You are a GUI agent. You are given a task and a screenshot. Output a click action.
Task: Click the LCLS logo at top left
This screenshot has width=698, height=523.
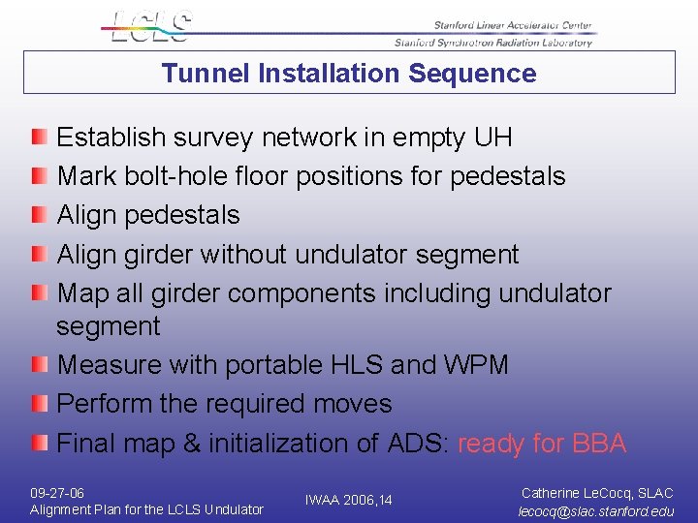click(151, 26)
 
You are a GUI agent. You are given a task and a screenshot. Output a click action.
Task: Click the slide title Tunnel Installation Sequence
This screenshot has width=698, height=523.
click(349, 74)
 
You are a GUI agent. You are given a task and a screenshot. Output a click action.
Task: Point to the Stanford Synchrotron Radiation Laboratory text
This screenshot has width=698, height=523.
click(492, 43)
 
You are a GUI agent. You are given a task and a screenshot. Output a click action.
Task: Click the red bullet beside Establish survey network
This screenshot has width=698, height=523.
click(38, 138)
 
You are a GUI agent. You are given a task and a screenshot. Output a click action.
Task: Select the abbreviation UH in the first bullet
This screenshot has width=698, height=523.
click(492, 138)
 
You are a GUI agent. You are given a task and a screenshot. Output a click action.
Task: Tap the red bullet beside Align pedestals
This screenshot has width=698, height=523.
click(38, 215)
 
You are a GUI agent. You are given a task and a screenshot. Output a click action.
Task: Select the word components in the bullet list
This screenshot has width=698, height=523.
click(312, 292)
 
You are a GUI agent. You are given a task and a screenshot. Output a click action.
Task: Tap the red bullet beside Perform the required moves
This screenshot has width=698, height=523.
click(38, 404)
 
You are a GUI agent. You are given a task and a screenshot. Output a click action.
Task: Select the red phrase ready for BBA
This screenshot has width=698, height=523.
click(542, 444)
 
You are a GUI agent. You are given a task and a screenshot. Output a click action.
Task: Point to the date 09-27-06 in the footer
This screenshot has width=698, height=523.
click(57, 493)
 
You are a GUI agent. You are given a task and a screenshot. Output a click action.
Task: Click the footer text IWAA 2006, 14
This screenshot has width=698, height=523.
click(348, 500)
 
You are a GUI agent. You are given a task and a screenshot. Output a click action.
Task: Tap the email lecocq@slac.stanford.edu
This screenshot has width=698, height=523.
click(596, 510)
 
